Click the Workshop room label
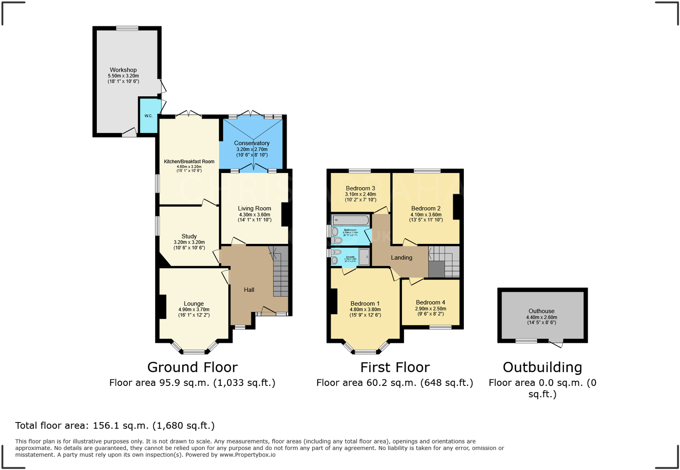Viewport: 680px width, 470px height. point(123,70)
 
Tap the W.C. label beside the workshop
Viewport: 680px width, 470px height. point(148,116)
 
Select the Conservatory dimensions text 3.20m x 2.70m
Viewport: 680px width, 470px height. point(252,149)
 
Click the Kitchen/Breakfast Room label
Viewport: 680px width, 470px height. point(189,162)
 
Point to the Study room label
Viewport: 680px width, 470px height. point(189,236)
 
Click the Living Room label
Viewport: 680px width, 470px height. point(255,208)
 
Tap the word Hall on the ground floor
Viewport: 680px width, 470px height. point(249,290)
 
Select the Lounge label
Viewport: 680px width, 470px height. point(194,304)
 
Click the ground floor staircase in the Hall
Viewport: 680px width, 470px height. point(281,274)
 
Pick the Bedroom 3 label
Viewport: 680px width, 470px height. point(360,188)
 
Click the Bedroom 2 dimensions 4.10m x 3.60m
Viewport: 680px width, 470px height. point(426,214)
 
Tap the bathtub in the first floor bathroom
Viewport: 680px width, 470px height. point(351,220)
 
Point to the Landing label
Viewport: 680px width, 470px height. point(401,257)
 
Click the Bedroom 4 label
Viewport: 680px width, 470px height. point(430,302)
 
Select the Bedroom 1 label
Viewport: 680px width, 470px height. point(365,304)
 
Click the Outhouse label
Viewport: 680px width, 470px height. point(541,311)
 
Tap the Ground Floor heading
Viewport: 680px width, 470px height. point(192,367)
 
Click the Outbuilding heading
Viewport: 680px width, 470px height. point(542,367)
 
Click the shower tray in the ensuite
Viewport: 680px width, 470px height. point(364,257)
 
